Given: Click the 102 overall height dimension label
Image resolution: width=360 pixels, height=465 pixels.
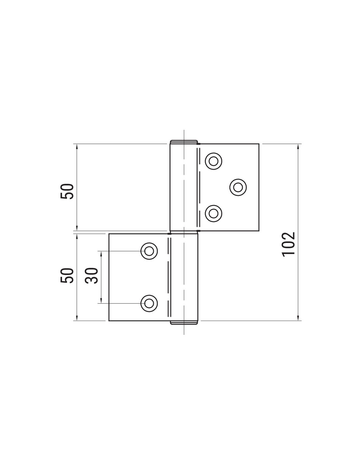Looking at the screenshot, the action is [x=288, y=244].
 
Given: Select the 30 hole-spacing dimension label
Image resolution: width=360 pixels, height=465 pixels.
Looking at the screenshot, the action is [x=91, y=276].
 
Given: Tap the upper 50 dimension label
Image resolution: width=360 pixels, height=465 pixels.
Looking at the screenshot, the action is [x=67, y=192].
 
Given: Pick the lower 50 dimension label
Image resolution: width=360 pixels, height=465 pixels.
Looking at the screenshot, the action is [x=67, y=276].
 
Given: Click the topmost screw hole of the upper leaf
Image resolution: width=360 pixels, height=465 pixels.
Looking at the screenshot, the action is [x=213, y=161].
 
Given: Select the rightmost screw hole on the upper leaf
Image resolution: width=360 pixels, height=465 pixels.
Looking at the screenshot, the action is [x=238, y=187].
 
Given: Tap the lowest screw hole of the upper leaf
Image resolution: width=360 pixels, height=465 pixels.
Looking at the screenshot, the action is [x=213, y=213].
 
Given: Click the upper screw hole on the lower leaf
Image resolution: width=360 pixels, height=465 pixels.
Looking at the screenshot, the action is [x=149, y=251].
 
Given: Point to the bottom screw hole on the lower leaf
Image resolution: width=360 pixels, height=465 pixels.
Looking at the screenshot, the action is [x=149, y=303].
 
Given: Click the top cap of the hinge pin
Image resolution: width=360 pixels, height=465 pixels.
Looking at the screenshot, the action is [x=184, y=142].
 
